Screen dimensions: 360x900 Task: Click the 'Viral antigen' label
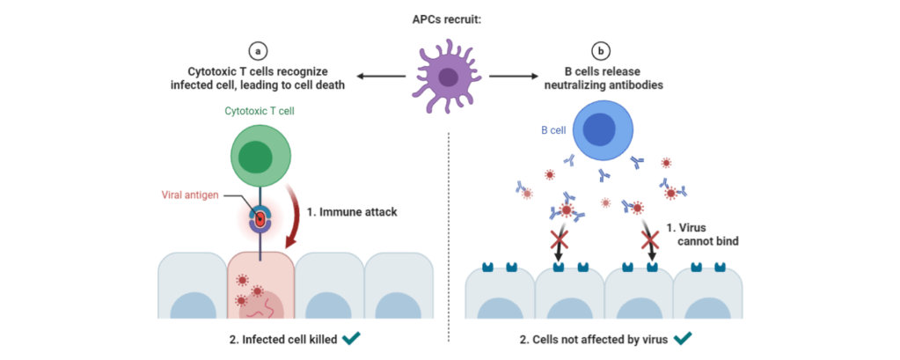point(189,195)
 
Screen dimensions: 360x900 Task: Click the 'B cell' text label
point(552,131)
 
